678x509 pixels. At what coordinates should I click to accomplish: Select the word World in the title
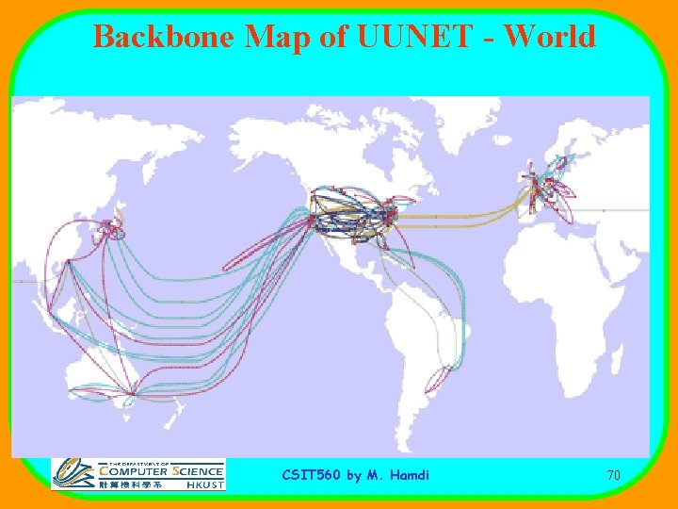click(x=550, y=37)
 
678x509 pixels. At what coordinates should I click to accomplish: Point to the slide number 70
click(x=613, y=476)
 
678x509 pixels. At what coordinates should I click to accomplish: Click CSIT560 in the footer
click(x=312, y=476)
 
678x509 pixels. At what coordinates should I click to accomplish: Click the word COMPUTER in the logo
click(x=133, y=471)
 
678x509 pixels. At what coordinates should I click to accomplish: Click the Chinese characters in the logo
click(x=132, y=484)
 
